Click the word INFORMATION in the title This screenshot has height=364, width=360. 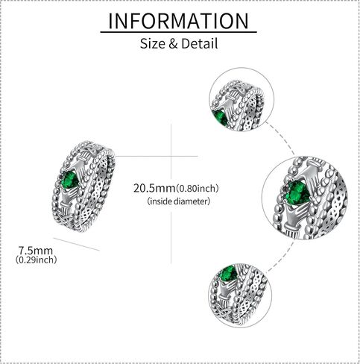(x=178, y=21)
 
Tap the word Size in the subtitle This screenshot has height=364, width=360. (x=153, y=43)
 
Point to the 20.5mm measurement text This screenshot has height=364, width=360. (x=154, y=188)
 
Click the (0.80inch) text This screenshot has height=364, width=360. (x=198, y=189)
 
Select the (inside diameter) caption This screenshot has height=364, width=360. (x=179, y=201)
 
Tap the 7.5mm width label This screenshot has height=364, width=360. (x=36, y=250)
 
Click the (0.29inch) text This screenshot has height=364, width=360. (x=36, y=260)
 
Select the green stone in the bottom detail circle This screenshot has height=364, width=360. (x=228, y=274)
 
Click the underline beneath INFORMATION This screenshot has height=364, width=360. (x=178, y=32)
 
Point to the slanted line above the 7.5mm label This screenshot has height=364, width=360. (x=77, y=244)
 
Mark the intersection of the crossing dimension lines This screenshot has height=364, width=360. (x=171, y=156)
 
